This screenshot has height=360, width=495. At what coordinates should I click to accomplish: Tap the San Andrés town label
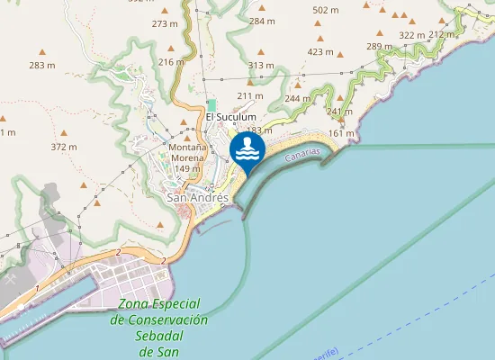(198, 197)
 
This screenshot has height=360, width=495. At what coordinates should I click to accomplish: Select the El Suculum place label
(231, 117)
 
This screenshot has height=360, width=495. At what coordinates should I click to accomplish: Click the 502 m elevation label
(325, 10)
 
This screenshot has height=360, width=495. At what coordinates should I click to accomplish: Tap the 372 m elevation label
(64, 147)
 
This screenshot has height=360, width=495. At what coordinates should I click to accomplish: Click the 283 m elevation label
(42, 66)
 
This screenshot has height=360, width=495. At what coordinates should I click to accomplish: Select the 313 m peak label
(261, 65)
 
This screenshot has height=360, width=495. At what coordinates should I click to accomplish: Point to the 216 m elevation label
(171, 62)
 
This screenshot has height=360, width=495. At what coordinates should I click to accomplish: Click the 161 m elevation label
(342, 133)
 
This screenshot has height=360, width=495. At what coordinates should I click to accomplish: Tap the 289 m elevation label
(380, 46)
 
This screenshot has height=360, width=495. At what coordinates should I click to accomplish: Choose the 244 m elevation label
(297, 98)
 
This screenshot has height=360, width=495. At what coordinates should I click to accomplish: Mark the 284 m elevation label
(262, 21)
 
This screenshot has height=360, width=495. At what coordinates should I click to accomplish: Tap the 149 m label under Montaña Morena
(187, 168)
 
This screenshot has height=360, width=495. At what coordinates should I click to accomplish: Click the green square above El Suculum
(212, 104)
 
